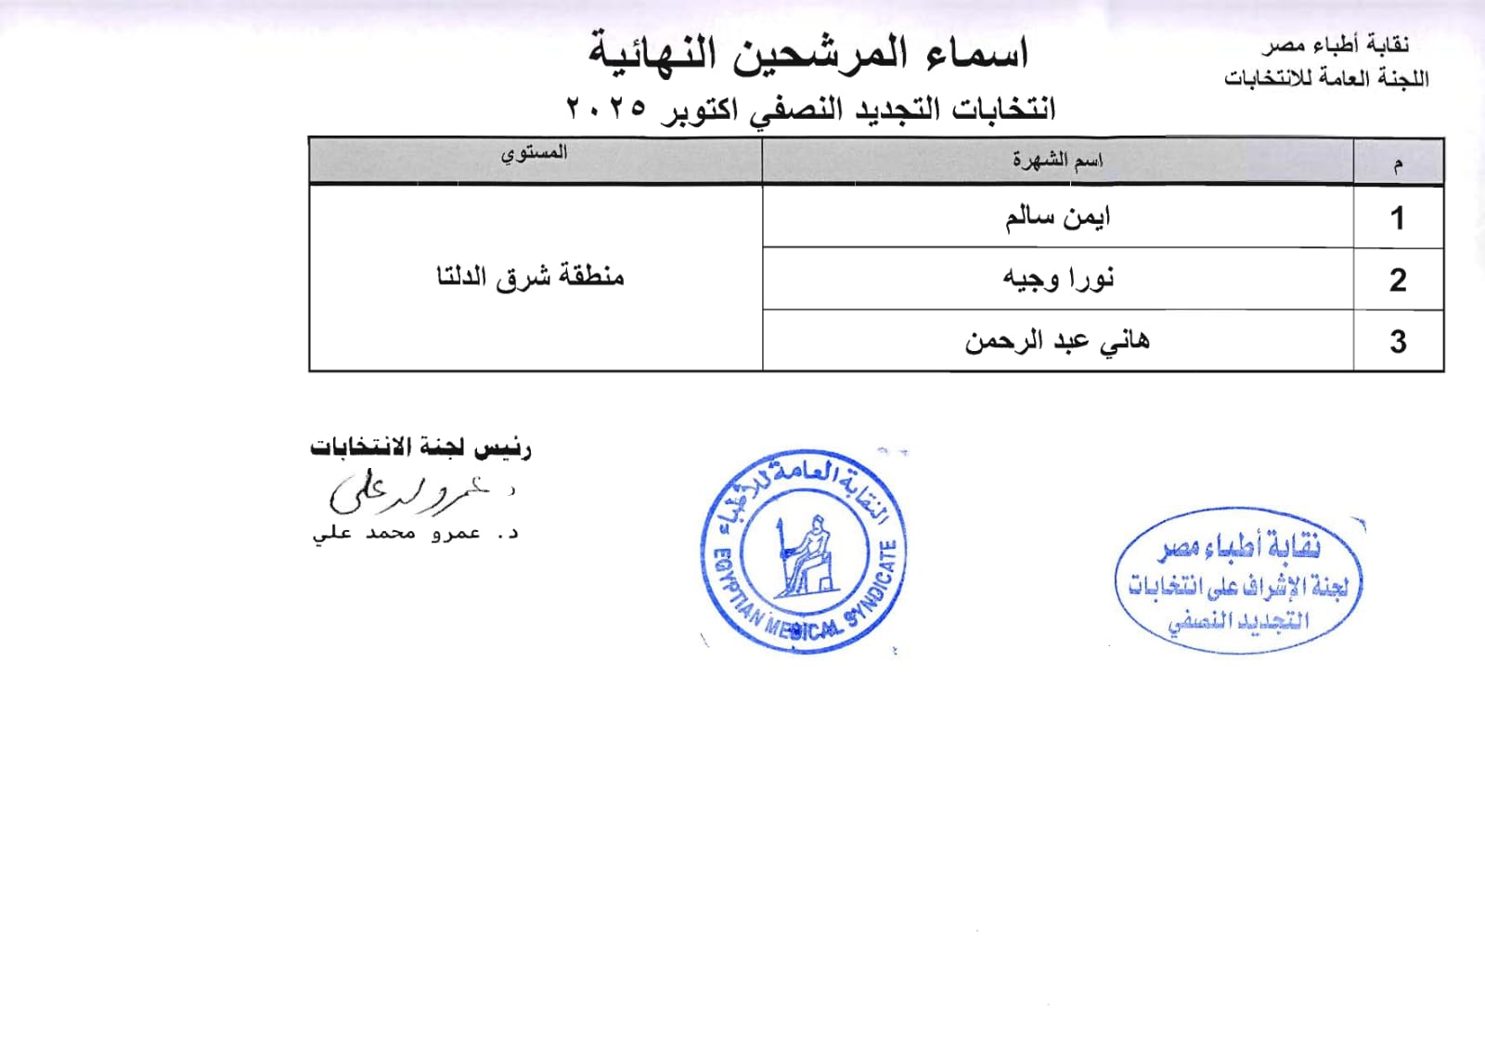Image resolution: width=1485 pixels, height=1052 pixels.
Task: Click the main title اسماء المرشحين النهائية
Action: (x=808, y=53)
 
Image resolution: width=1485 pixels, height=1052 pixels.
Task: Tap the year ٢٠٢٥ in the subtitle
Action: (x=606, y=108)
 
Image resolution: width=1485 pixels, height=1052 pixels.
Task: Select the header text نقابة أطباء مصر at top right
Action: (x=1336, y=45)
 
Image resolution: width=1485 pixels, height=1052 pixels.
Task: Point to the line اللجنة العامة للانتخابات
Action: (x=1326, y=78)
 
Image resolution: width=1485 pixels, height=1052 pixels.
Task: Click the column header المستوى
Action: (x=534, y=153)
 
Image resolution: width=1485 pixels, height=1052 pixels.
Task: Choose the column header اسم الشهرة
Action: (x=1057, y=161)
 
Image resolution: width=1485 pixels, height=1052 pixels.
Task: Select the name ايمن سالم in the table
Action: (x=1057, y=217)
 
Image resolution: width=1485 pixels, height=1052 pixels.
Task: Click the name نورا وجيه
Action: (x=1058, y=279)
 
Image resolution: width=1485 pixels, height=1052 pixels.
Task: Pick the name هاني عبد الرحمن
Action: (x=1057, y=342)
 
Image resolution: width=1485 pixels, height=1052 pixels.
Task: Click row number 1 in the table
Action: (x=1397, y=219)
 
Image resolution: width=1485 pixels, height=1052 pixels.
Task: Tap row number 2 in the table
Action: (x=1398, y=280)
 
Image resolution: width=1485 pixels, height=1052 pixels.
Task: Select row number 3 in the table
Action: (x=1398, y=343)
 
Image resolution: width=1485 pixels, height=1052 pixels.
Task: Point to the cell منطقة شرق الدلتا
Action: (x=531, y=277)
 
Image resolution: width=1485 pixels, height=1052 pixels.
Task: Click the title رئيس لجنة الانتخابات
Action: (x=420, y=448)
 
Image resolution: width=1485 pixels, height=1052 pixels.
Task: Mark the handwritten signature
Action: (x=408, y=492)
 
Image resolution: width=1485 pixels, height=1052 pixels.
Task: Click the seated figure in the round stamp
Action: (x=806, y=555)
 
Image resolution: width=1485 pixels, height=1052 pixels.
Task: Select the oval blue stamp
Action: (x=1239, y=581)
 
